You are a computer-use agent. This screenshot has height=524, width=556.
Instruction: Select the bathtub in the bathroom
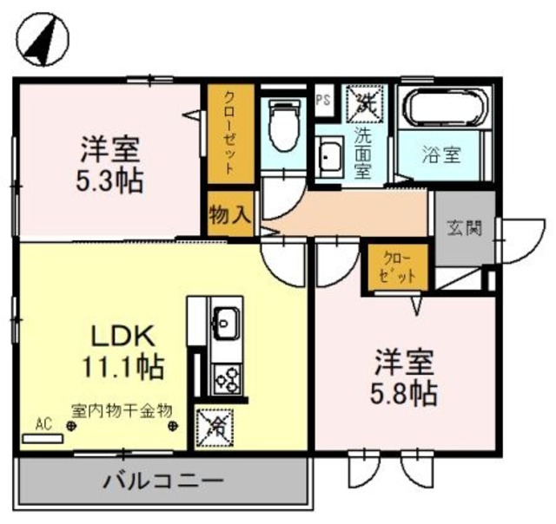coord(445,109)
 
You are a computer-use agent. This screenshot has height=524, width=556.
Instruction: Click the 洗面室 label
coord(362,153)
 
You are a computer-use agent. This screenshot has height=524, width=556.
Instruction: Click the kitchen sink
coord(225,325)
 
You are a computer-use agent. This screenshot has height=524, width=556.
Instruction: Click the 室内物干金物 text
coord(122,407)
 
